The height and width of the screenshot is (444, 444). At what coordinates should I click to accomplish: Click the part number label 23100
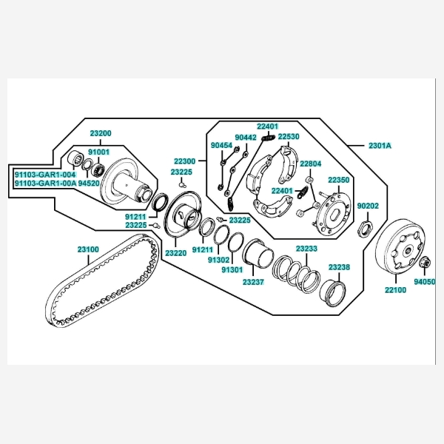tap(88, 249)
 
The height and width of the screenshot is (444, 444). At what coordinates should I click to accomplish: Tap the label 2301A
tap(379, 146)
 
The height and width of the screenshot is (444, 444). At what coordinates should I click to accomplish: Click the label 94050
tap(425, 282)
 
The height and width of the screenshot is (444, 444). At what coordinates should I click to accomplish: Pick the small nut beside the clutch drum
tap(425, 263)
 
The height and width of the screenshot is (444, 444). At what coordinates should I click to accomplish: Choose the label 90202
tap(368, 206)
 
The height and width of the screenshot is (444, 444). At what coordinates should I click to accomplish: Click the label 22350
tap(339, 180)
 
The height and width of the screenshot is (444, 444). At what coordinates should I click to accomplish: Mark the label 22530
tap(289, 137)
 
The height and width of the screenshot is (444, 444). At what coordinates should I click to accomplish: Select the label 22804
tap(311, 164)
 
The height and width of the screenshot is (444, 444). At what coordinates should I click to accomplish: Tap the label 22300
tap(185, 161)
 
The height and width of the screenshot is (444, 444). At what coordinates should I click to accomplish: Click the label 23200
tap(101, 133)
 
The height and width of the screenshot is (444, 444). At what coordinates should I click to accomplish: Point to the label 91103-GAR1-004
tap(44, 174)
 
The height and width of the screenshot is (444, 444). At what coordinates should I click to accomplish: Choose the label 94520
tap(90, 183)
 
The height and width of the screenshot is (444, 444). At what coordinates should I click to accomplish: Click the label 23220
tap(175, 253)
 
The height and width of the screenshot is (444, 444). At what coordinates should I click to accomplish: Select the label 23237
tap(253, 283)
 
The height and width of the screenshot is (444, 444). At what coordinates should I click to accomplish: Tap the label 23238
tap(339, 266)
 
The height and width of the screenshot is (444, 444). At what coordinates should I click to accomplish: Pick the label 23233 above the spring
tap(306, 249)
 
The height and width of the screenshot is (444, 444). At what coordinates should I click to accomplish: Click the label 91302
tap(218, 260)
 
